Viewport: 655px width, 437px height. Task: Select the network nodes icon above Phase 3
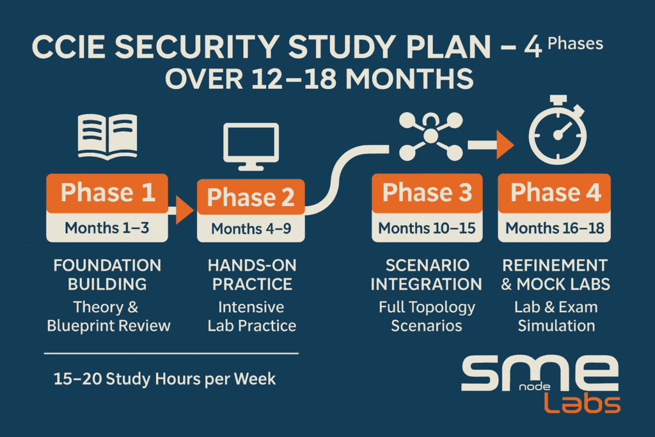(x=430, y=135)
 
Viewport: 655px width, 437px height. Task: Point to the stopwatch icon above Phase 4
(x=557, y=134)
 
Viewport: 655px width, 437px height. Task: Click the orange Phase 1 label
(x=107, y=193)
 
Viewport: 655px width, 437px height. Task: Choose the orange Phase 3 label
(x=427, y=193)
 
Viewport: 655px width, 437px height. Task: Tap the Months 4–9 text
(x=251, y=228)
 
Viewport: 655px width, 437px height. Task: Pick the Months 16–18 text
(x=555, y=228)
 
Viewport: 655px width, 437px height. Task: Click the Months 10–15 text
(x=427, y=228)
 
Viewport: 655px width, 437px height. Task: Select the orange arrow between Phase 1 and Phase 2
(x=184, y=210)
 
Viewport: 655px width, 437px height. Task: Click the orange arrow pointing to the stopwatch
(x=504, y=145)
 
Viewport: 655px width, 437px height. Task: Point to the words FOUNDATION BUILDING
(x=107, y=274)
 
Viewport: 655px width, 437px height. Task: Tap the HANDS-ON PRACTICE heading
(x=251, y=274)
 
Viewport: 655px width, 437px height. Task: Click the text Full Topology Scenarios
(x=427, y=316)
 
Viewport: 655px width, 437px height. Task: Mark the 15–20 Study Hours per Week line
(x=164, y=379)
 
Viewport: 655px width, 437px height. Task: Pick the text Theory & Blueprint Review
(x=108, y=316)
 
